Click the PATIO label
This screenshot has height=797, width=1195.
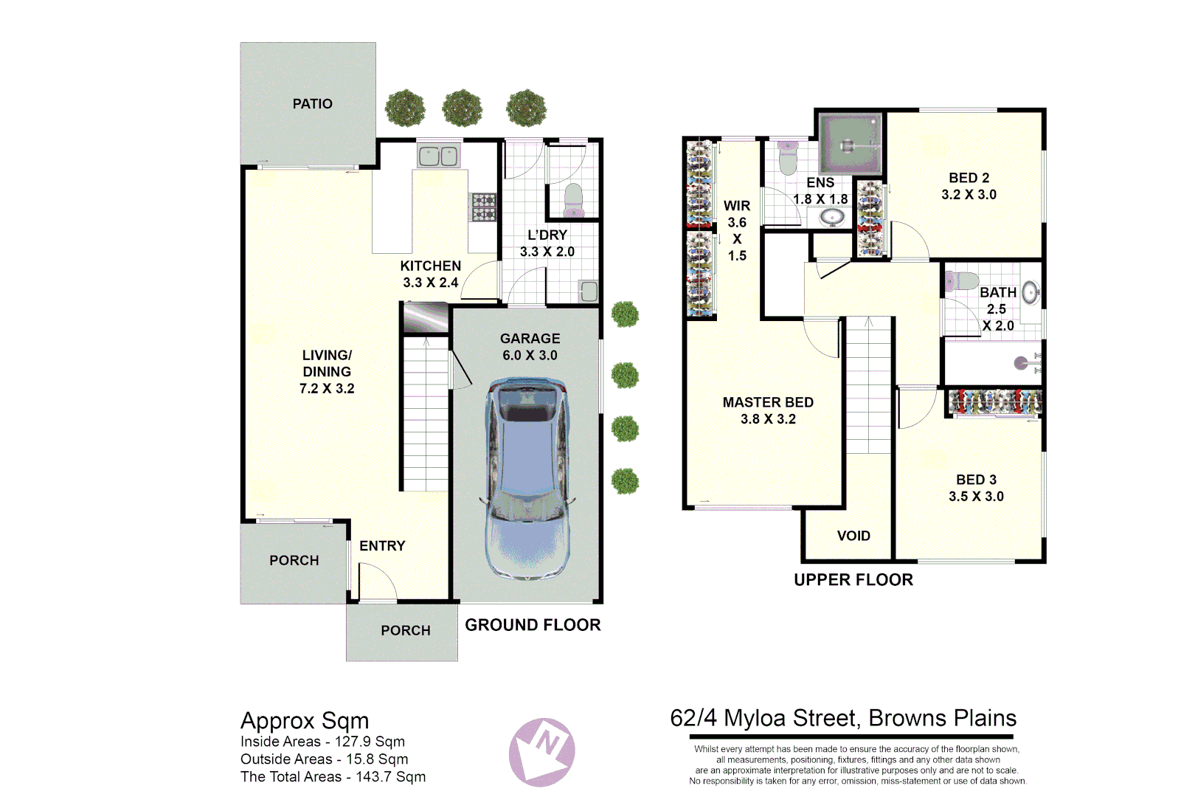(312, 104)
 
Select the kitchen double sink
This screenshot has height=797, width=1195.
(438, 156)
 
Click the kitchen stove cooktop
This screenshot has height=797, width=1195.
(484, 207)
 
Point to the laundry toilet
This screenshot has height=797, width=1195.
(573, 200)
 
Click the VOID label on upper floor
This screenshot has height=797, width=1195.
(853, 536)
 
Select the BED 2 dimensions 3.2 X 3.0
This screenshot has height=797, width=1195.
(969, 195)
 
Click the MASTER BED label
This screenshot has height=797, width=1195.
(768, 402)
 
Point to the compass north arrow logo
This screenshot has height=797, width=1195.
(542, 752)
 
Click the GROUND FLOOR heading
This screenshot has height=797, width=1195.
(533, 625)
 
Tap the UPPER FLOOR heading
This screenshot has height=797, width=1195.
(853, 580)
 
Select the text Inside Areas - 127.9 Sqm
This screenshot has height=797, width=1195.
(322, 742)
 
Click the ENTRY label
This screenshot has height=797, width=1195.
(382, 546)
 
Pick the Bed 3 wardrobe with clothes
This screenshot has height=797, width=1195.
(994, 403)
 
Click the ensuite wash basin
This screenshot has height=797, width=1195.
(833, 217)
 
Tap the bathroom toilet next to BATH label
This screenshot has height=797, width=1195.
(961, 281)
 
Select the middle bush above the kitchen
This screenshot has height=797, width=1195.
(463, 108)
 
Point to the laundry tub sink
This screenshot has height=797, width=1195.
(588, 291)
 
